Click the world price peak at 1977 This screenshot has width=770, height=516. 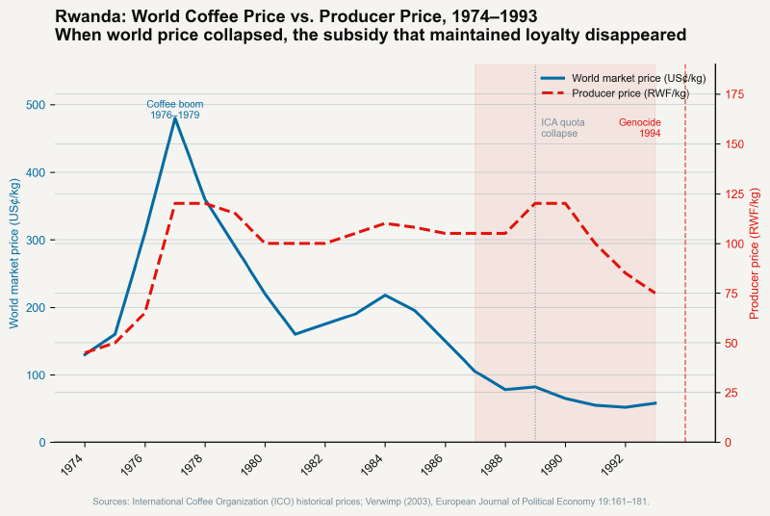tap(174, 117)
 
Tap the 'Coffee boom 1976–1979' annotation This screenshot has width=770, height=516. tap(174, 109)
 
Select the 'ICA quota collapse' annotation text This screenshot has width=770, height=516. tap(562, 128)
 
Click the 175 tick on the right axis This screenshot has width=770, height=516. tap(733, 94)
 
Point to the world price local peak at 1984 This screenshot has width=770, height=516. tap(385, 295)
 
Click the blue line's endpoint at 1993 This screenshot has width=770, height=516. tap(655, 403)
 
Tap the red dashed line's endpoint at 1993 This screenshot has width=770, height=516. tap(655, 294)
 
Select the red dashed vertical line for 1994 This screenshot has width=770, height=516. tap(685, 289)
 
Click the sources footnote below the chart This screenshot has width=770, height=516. tap(371, 502)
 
